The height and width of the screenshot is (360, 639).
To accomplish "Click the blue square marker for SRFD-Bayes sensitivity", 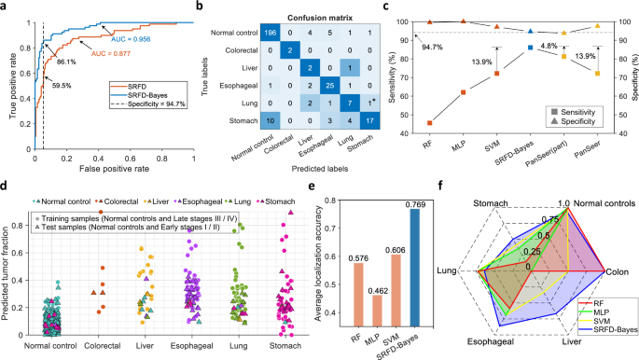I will point(530,47).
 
